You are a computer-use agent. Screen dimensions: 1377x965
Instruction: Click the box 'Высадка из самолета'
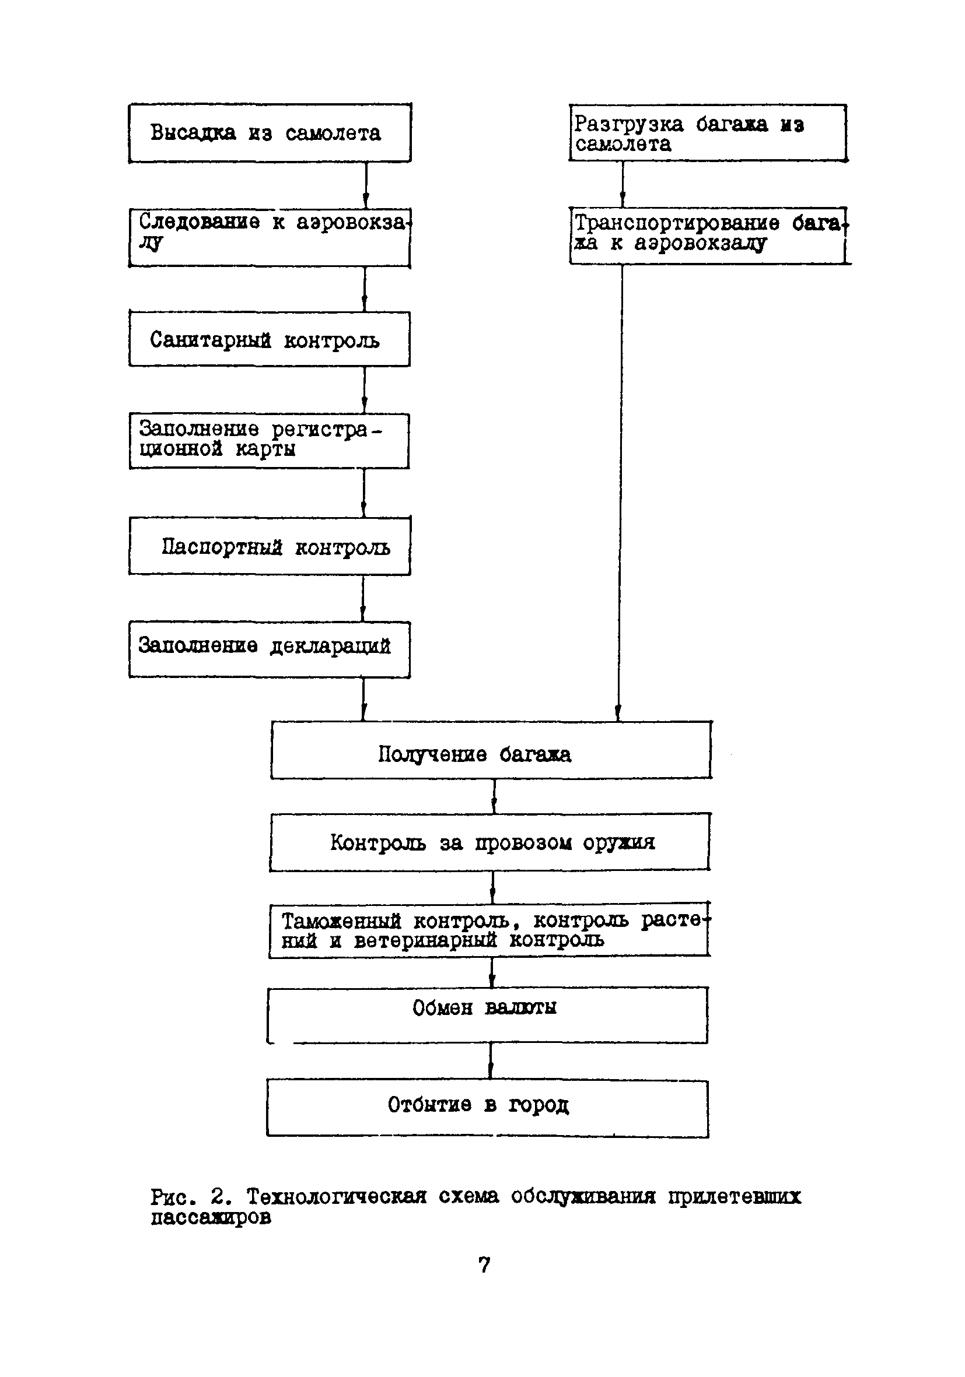270,133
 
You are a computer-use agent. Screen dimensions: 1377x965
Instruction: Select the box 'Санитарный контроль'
270,339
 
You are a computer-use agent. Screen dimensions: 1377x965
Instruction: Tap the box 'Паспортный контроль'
270,547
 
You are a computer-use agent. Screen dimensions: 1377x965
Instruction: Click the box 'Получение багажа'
490,750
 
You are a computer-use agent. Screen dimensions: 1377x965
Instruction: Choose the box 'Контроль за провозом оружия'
490,842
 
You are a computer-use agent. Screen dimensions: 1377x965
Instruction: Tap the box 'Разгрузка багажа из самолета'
708,133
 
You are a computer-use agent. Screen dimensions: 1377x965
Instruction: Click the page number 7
484,1265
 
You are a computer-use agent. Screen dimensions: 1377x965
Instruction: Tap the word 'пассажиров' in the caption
211,1217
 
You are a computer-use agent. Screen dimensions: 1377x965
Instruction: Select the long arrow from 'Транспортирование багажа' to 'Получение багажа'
620,492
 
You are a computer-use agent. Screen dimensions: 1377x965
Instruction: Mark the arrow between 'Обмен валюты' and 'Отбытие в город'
490,1062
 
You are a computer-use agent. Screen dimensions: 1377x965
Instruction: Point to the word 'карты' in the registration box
265,449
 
